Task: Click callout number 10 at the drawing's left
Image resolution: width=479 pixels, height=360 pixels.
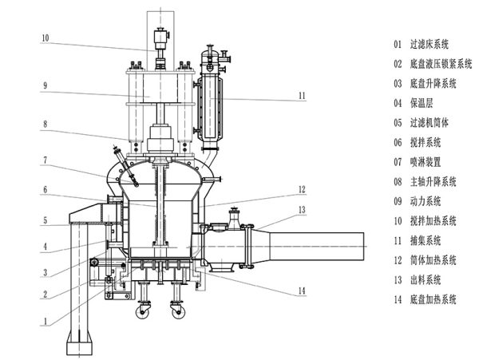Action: (46, 38)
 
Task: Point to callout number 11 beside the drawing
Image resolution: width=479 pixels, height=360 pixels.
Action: (302, 96)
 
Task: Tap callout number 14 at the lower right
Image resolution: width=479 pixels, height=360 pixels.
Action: (302, 291)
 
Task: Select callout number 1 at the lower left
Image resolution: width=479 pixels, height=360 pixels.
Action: (46, 321)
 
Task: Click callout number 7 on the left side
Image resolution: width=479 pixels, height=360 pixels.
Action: (46, 160)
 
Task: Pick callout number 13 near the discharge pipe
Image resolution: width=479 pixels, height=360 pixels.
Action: (302, 210)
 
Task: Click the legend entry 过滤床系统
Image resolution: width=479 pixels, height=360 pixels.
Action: (430, 44)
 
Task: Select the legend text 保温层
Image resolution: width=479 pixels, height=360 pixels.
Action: (422, 103)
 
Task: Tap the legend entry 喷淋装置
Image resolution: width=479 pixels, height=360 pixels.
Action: (426, 161)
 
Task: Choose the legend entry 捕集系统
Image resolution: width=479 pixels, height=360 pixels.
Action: (426, 240)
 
